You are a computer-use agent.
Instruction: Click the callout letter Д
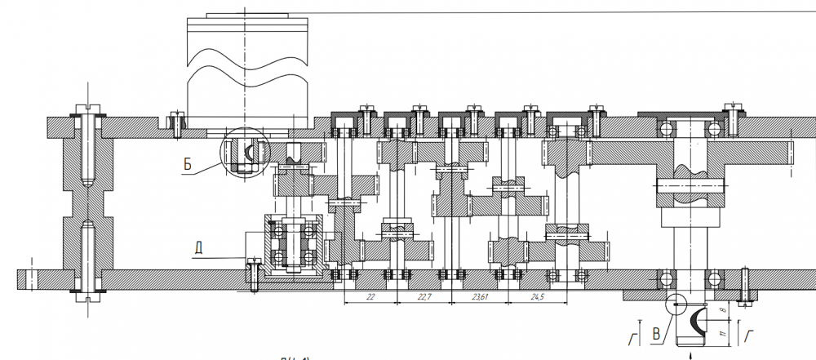point(200,244)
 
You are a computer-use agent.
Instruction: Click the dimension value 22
point(370,298)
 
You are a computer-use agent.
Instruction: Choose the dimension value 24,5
point(536,298)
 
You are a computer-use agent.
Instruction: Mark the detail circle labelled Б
point(244,152)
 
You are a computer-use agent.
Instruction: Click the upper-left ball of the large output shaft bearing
point(667,129)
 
